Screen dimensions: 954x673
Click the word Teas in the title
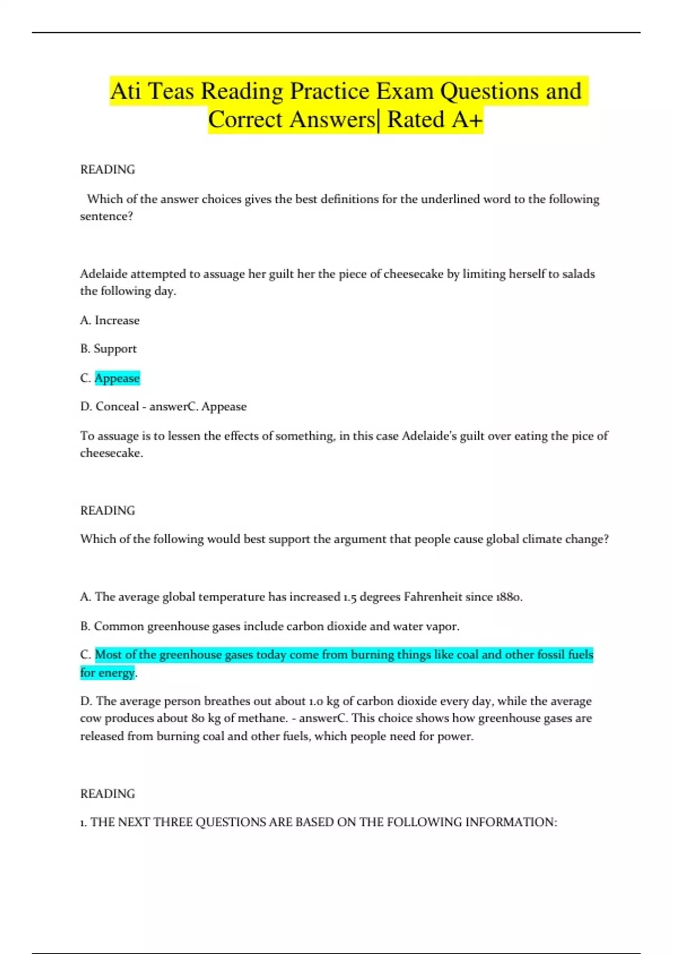point(170,91)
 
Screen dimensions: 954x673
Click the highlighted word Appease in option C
point(117,378)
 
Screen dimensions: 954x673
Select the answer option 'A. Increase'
point(110,320)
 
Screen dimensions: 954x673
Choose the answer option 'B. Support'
point(108,349)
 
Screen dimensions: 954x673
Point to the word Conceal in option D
point(117,407)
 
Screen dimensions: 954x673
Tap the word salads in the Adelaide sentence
point(578,274)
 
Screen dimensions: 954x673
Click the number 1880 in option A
point(508,597)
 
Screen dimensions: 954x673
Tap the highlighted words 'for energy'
point(108,672)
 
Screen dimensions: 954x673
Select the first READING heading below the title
point(108,169)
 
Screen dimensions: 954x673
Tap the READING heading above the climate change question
point(108,511)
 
